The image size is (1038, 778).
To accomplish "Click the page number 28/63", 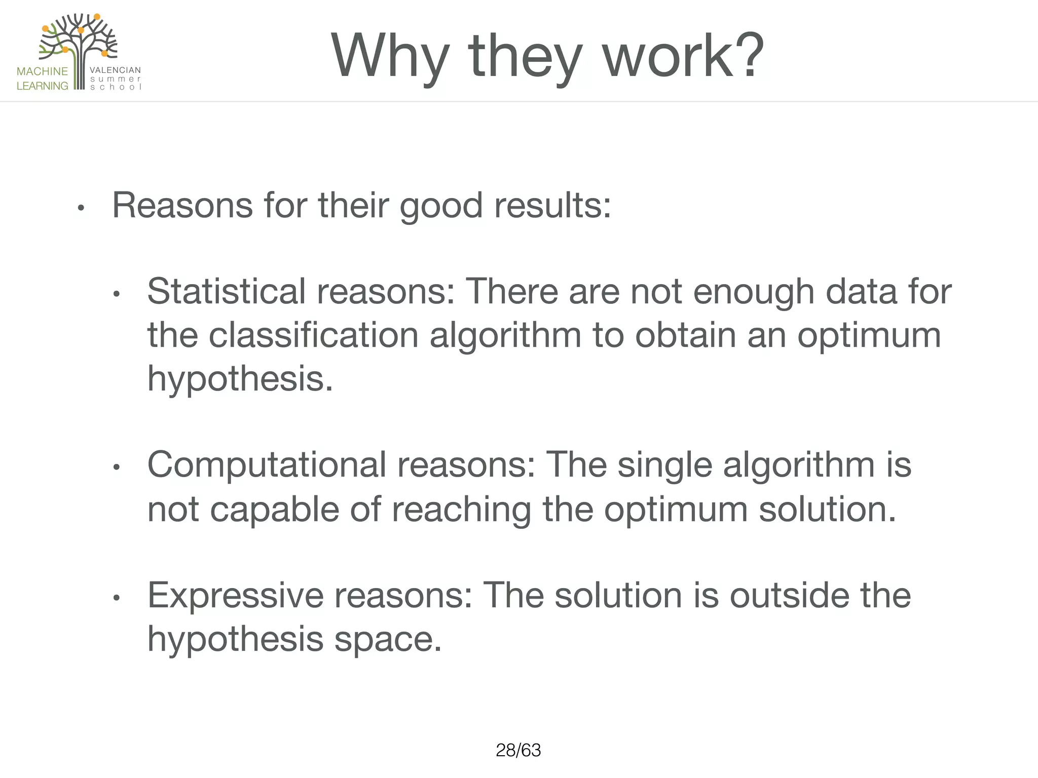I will point(518,750).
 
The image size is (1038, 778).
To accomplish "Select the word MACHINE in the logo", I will point(42,71).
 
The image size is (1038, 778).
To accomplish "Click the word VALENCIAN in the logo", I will point(115,70).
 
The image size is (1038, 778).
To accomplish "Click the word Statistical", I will point(226,292).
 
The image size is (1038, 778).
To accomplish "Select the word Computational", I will point(267,464).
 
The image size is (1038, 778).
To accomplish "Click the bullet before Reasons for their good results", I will point(81,208).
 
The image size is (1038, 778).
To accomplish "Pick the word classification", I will point(313,336).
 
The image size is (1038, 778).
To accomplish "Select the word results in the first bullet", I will point(552,206).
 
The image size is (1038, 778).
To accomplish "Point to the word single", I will point(664,465).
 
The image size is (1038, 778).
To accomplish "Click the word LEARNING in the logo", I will point(42,86).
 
